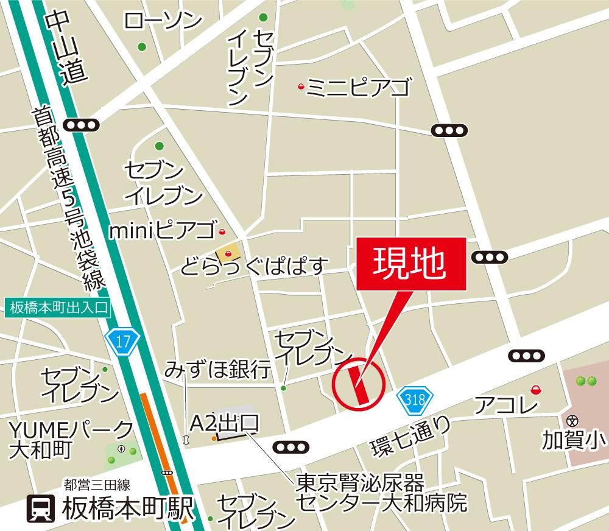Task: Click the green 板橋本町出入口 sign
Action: click(x=58, y=308)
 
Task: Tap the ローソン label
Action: click(x=163, y=22)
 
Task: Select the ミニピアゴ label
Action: click(x=358, y=88)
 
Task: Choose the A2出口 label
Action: click(x=225, y=423)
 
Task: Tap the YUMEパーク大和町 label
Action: click(x=70, y=439)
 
